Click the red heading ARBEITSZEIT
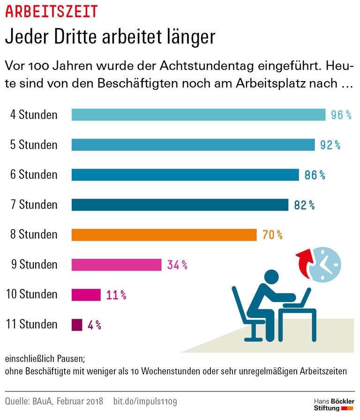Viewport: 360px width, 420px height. coord(51,11)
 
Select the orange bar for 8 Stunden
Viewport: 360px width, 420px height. coord(164,235)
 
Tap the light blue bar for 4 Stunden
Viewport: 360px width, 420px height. coord(198,115)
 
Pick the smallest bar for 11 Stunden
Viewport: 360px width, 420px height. coord(77,324)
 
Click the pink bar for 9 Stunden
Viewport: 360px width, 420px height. coord(116,265)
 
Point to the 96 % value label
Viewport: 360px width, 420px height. coord(341,115)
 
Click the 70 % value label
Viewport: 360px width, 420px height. coord(272,235)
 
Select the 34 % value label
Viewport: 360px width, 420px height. coord(177,265)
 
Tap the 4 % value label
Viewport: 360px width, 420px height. coord(94,324)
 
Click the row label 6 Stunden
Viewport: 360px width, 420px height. coord(34,175)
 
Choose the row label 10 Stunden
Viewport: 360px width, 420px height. coord(31,295)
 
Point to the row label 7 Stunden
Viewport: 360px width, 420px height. coord(34,205)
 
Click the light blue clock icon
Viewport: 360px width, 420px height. coord(325,264)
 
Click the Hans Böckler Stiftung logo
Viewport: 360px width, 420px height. coord(333,405)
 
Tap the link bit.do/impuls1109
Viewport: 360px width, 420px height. coord(145,401)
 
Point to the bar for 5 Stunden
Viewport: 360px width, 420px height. coord(193,145)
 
